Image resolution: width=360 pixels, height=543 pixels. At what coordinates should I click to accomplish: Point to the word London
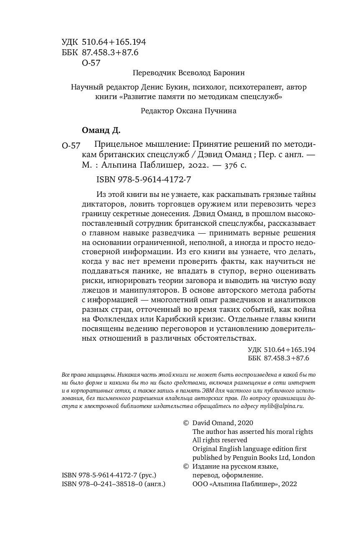point(304,457)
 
